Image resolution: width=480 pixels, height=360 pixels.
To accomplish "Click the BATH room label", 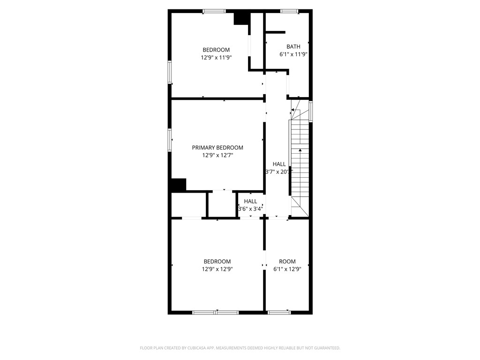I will [x=293, y=46].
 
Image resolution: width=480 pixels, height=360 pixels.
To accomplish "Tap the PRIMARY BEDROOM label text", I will [x=217, y=148].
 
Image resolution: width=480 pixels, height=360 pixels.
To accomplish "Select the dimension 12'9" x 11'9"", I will [x=216, y=58].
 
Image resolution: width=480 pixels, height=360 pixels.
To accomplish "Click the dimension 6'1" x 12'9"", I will [x=287, y=270].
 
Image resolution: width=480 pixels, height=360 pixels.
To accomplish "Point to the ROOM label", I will [x=287, y=262].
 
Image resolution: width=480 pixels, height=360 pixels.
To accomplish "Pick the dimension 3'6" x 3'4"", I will [x=250, y=209].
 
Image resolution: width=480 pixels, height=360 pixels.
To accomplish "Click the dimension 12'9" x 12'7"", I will [x=217, y=155].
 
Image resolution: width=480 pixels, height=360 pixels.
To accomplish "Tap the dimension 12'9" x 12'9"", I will [x=217, y=270].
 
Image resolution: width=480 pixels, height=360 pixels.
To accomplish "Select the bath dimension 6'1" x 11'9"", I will [x=293, y=54].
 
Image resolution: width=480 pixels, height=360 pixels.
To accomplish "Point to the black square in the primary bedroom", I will [x=178, y=185].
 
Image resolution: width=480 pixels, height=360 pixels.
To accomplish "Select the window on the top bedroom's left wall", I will [x=170, y=72].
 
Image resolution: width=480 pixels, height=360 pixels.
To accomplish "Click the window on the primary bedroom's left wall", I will [x=170, y=140].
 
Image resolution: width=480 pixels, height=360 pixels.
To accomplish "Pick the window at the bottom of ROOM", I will [x=279, y=312].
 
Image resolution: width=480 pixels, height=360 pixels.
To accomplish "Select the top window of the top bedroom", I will [x=214, y=11].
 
